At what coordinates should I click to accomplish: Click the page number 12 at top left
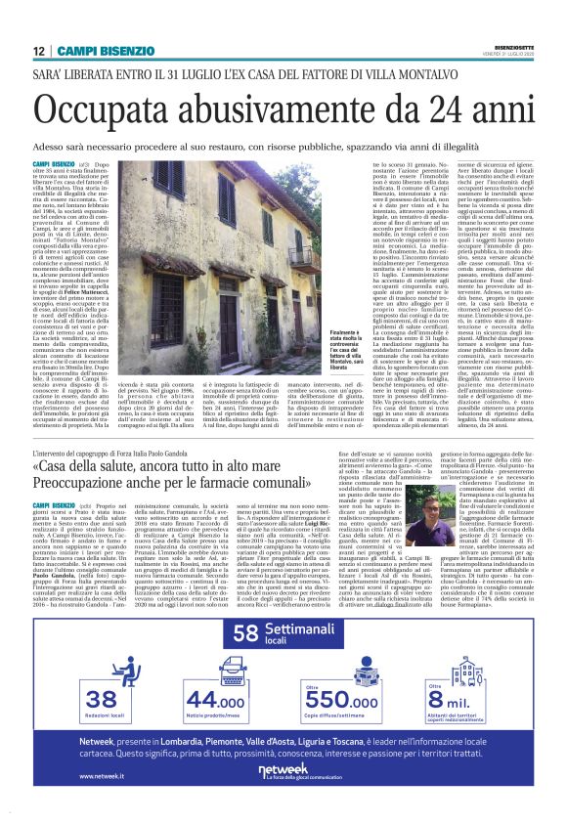tap(38, 51)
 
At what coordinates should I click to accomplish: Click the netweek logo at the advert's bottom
tap(283, 773)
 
